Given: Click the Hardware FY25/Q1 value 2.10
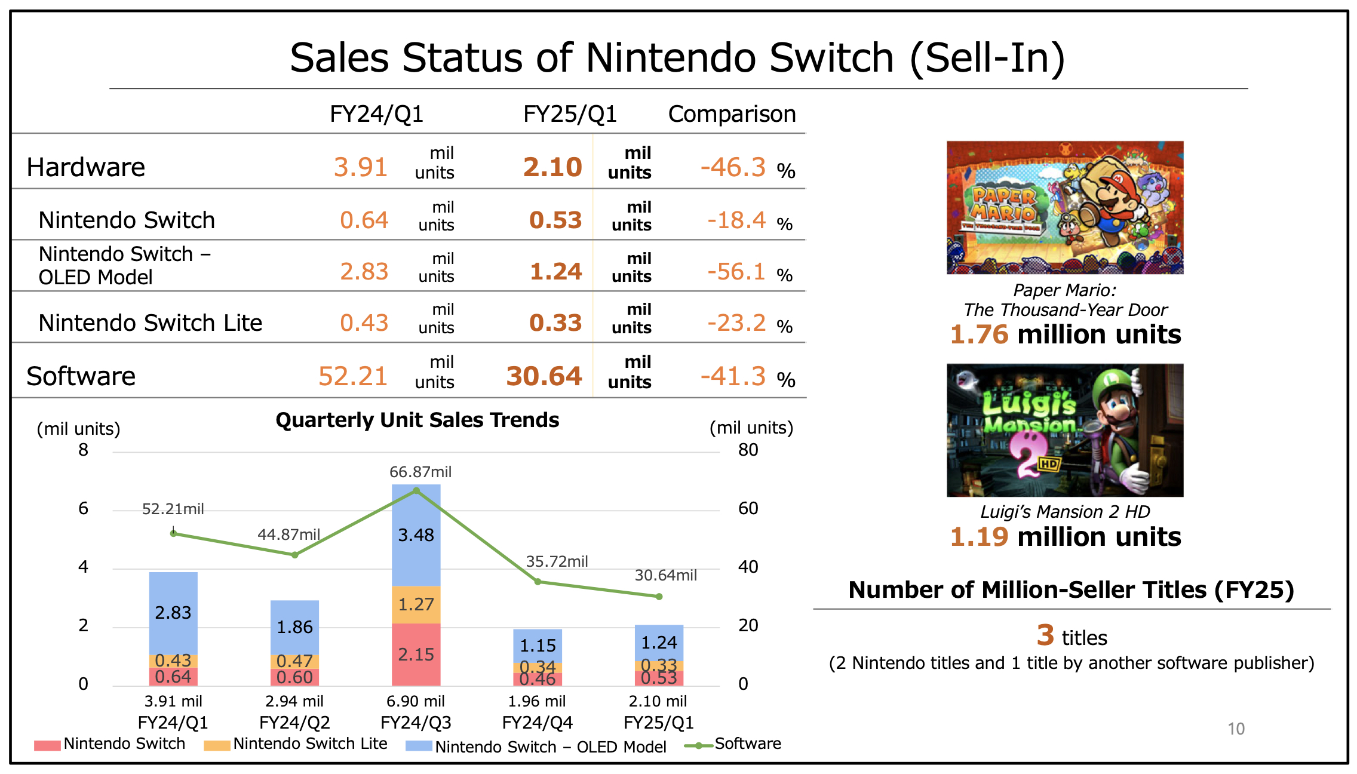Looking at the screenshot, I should pos(552,167).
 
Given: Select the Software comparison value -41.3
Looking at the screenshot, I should pos(733,377).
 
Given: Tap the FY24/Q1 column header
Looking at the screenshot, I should pos(376,113).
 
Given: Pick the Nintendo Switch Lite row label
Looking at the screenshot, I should pos(150,323).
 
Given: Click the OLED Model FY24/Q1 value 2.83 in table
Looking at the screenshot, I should pos(364,272).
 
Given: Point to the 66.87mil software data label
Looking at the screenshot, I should pos(420,472).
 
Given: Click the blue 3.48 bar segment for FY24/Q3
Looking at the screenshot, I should pos(416,535).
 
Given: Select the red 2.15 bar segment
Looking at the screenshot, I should pos(416,655).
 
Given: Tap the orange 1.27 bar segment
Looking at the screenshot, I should pos(416,604).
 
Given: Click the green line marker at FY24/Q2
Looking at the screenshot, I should pos(294,555).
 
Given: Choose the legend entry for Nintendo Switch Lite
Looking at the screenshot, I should pos(296,744).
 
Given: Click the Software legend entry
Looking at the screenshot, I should pos(735,744).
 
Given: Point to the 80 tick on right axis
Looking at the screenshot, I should pos(748,450).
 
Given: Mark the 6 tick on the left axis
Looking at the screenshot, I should pos(83,508).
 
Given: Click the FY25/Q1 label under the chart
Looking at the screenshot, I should pos(658,723).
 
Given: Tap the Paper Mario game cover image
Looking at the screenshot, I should pos(1064,207).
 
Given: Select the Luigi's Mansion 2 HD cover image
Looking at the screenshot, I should pos(1064,430).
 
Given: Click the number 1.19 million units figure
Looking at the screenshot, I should pos(1064,536).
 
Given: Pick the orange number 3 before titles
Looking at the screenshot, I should pos(1045,635).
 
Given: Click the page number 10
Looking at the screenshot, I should pos(1236,729).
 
